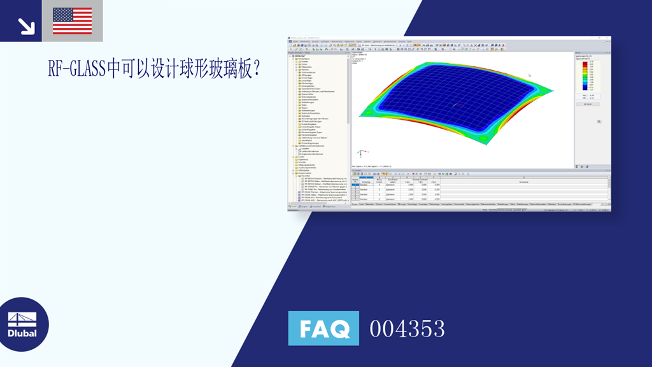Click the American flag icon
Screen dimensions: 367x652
[x=72, y=21]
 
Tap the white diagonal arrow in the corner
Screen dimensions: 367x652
[x=26, y=26]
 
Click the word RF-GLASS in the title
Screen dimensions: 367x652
[x=76, y=69]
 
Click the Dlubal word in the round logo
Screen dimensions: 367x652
[x=22, y=333]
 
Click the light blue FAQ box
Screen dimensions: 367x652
[x=323, y=328]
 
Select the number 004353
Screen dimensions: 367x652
[x=407, y=329]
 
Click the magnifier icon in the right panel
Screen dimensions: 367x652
[x=599, y=121]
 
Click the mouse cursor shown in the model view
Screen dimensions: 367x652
[x=529, y=75]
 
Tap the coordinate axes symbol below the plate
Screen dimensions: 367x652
[x=360, y=154]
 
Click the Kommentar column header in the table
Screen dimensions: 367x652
[x=523, y=182]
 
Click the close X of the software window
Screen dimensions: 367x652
[x=608, y=38]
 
